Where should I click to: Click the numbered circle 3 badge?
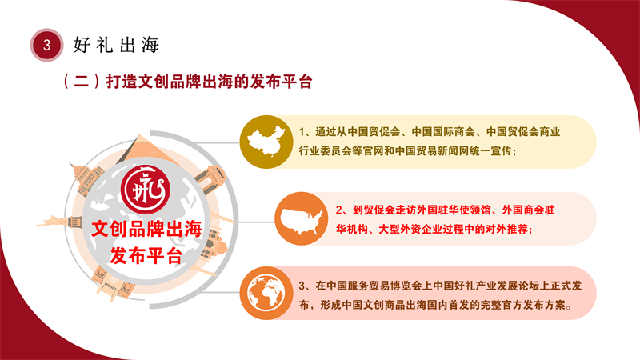pos(46,45)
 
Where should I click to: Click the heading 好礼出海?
pos(116,45)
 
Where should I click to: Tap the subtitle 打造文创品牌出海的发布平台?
pos(210,82)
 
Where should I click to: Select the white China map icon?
pos(266,142)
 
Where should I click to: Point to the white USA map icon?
pos(302,221)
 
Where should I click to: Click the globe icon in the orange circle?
pos(266,293)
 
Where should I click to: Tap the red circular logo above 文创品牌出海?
pos(146,190)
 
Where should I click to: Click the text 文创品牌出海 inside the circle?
pos(146,229)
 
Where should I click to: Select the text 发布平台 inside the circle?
pos(146,256)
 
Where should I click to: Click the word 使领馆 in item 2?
pos(474,210)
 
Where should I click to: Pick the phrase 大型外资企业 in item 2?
pos(410,230)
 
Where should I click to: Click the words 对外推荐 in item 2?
pos(506,230)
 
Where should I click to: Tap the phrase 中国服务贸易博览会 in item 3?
pos(374,286)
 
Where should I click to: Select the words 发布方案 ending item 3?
pos(544,305)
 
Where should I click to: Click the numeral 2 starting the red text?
pos(338,210)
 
